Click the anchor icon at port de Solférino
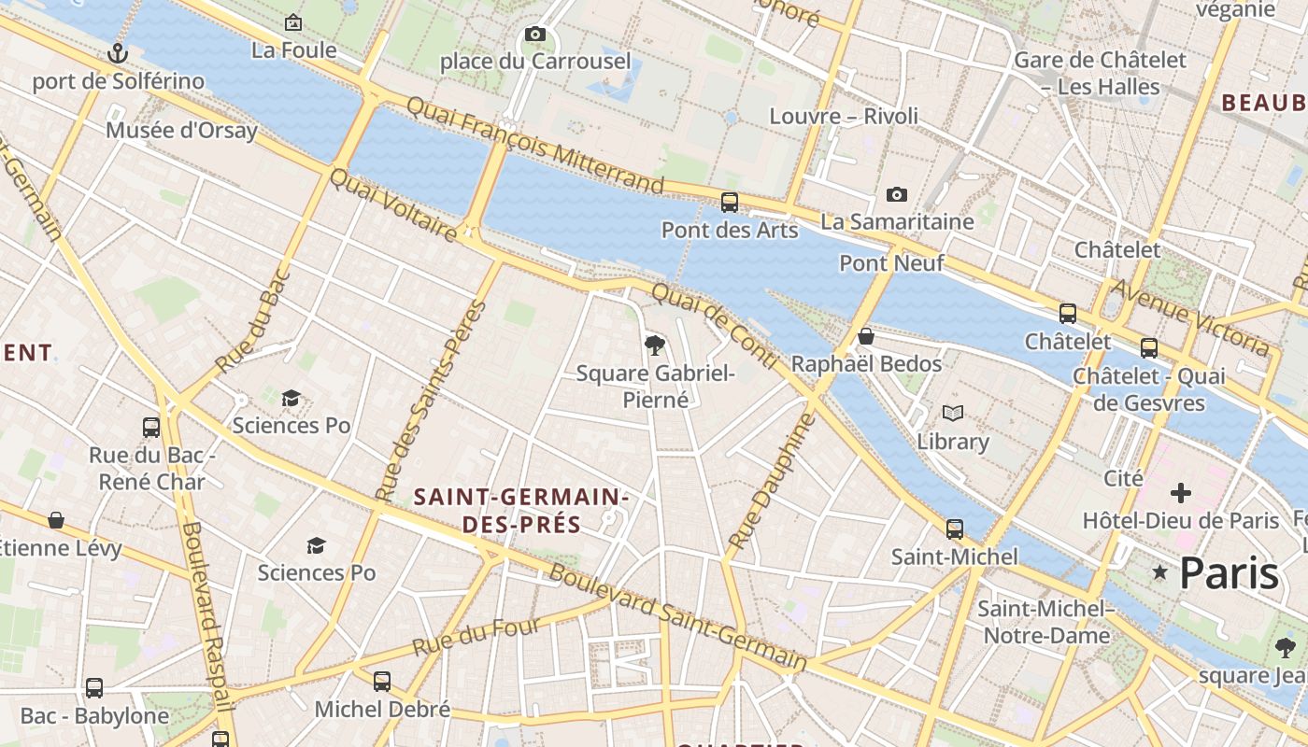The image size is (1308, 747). pyautogui.click(x=117, y=53)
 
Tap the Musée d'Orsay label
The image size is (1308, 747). pyautogui.click(x=181, y=130)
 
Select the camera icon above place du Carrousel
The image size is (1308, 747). pyautogui.click(x=534, y=35)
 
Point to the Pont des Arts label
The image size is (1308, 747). pyautogui.click(x=730, y=230)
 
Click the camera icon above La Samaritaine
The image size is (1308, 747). pyautogui.click(x=896, y=194)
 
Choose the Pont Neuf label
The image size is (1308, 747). pyautogui.click(x=891, y=263)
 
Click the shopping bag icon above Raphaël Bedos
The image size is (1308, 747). pyautogui.click(x=866, y=336)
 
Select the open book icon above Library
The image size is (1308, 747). pyautogui.click(x=952, y=413)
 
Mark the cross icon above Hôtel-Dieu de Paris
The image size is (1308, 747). pyautogui.click(x=1181, y=492)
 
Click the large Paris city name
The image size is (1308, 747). pyautogui.click(x=1229, y=572)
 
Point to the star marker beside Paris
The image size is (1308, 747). pyautogui.click(x=1160, y=571)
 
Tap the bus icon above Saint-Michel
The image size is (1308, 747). pyautogui.click(x=954, y=529)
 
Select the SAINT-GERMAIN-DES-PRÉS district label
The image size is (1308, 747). pyautogui.click(x=521, y=511)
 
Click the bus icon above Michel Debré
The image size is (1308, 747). pyautogui.click(x=382, y=682)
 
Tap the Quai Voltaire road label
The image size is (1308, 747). pyautogui.click(x=394, y=204)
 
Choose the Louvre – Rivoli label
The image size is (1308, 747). pyautogui.click(x=844, y=116)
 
